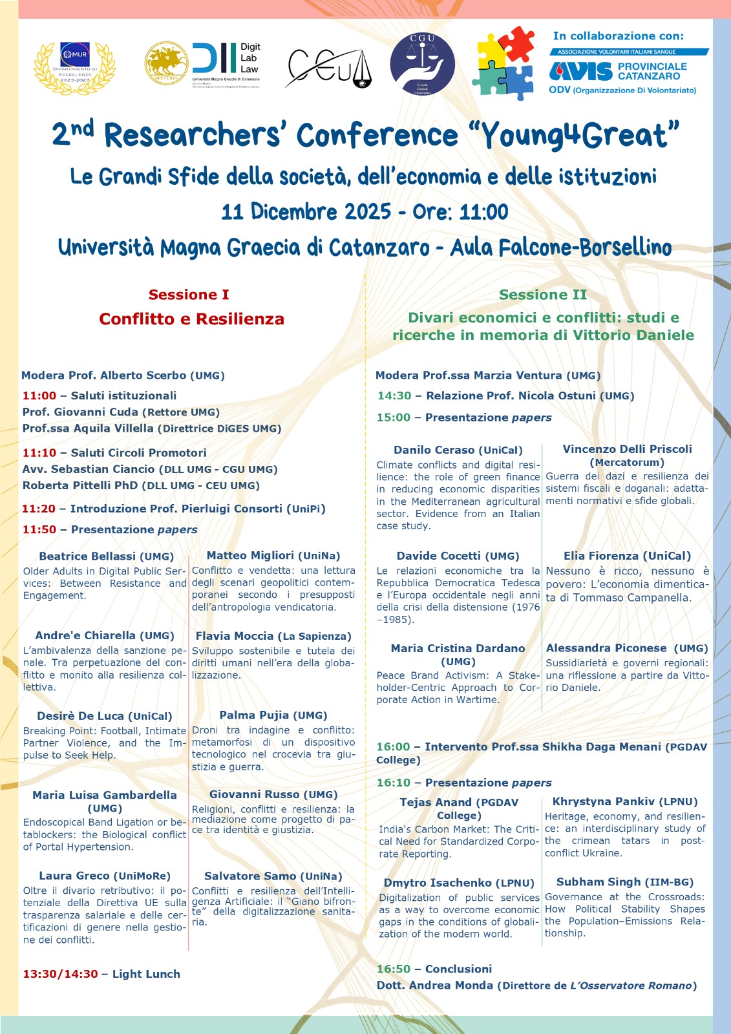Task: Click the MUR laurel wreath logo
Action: point(74,67)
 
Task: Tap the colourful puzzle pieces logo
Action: point(505,63)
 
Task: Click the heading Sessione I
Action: point(189,295)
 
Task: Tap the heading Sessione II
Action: point(543,295)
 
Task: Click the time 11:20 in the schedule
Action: point(39,509)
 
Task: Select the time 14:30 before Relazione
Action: point(394,396)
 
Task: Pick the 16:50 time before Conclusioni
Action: point(394,969)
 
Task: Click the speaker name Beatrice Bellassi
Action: point(87,556)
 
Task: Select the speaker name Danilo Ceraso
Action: point(434,450)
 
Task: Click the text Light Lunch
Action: point(146,974)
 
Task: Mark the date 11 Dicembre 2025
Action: point(306,212)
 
